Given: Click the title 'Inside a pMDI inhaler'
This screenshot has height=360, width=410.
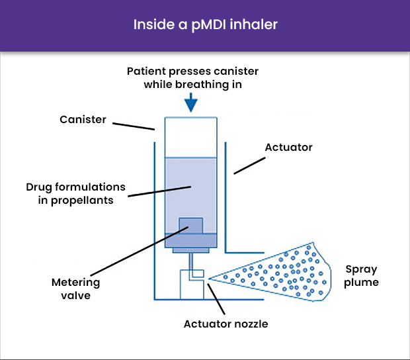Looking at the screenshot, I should pyautogui.click(x=205, y=25).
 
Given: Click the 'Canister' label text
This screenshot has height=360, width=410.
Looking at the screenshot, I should pyautogui.click(x=83, y=119).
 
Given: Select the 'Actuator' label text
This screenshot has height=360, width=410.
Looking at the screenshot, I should pyautogui.click(x=288, y=146).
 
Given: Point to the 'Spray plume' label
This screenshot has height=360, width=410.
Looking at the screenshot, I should pyautogui.click(x=362, y=275).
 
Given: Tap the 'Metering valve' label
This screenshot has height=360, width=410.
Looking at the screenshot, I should pyautogui.click(x=76, y=289).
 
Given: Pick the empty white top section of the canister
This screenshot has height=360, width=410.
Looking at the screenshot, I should pyautogui.click(x=190, y=138).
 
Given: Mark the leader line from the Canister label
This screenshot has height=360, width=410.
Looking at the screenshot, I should pyautogui.click(x=132, y=124).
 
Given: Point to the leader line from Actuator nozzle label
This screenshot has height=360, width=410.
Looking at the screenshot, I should pyautogui.click(x=218, y=297).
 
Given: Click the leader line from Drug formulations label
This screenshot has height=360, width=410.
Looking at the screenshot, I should pyautogui.click(x=159, y=191).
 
